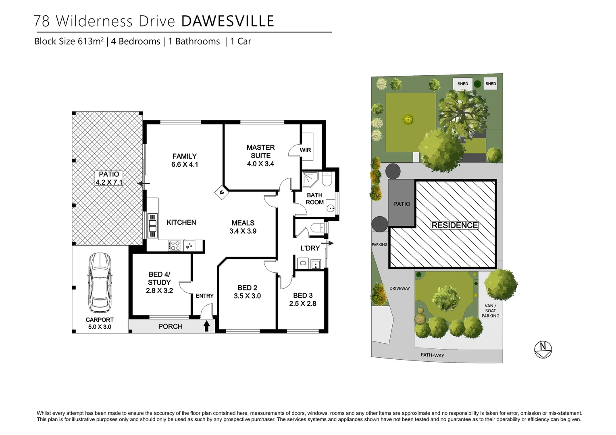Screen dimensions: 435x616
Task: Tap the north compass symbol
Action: pyautogui.click(x=543, y=349)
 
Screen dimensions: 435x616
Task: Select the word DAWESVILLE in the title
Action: pyautogui.click(x=228, y=21)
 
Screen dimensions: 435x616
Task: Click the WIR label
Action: pyautogui.click(x=305, y=150)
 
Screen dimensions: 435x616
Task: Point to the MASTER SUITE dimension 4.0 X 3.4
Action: pyautogui.click(x=260, y=164)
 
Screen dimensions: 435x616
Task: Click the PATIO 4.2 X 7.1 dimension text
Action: pyautogui.click(x=109, y=182)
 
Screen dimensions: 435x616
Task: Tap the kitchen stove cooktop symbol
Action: pyautogui.click(x=175, y=245)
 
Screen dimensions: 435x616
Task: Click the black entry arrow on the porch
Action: pyautogui.click(x=206, y=325)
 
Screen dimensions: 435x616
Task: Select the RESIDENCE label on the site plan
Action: pyautogui.click(x=454, y=225)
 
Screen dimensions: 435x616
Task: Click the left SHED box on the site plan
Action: pyautogui.click(x=462, y=84)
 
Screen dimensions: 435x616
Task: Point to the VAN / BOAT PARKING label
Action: pyautogui.click(x=490, y=311)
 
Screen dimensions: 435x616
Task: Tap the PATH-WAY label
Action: pyautogui.click(x=432, y=355)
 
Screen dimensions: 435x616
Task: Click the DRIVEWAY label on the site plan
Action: pyautogui.click(x=400, y=288)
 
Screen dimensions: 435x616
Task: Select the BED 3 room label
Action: pyautogui.click(x=303, y=295)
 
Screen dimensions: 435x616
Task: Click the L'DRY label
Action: pyautogui.click(x=310, y=248)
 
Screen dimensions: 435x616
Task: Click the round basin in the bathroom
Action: pyautogui.click(x=331, y=208)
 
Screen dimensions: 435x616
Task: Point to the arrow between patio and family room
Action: pyautogui.click(x=144, y=184)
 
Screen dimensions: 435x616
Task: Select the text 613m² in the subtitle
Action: pyautogui.click(x=91, y=41)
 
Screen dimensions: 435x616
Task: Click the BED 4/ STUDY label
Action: pyautogui.click(x=159, y=278)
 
